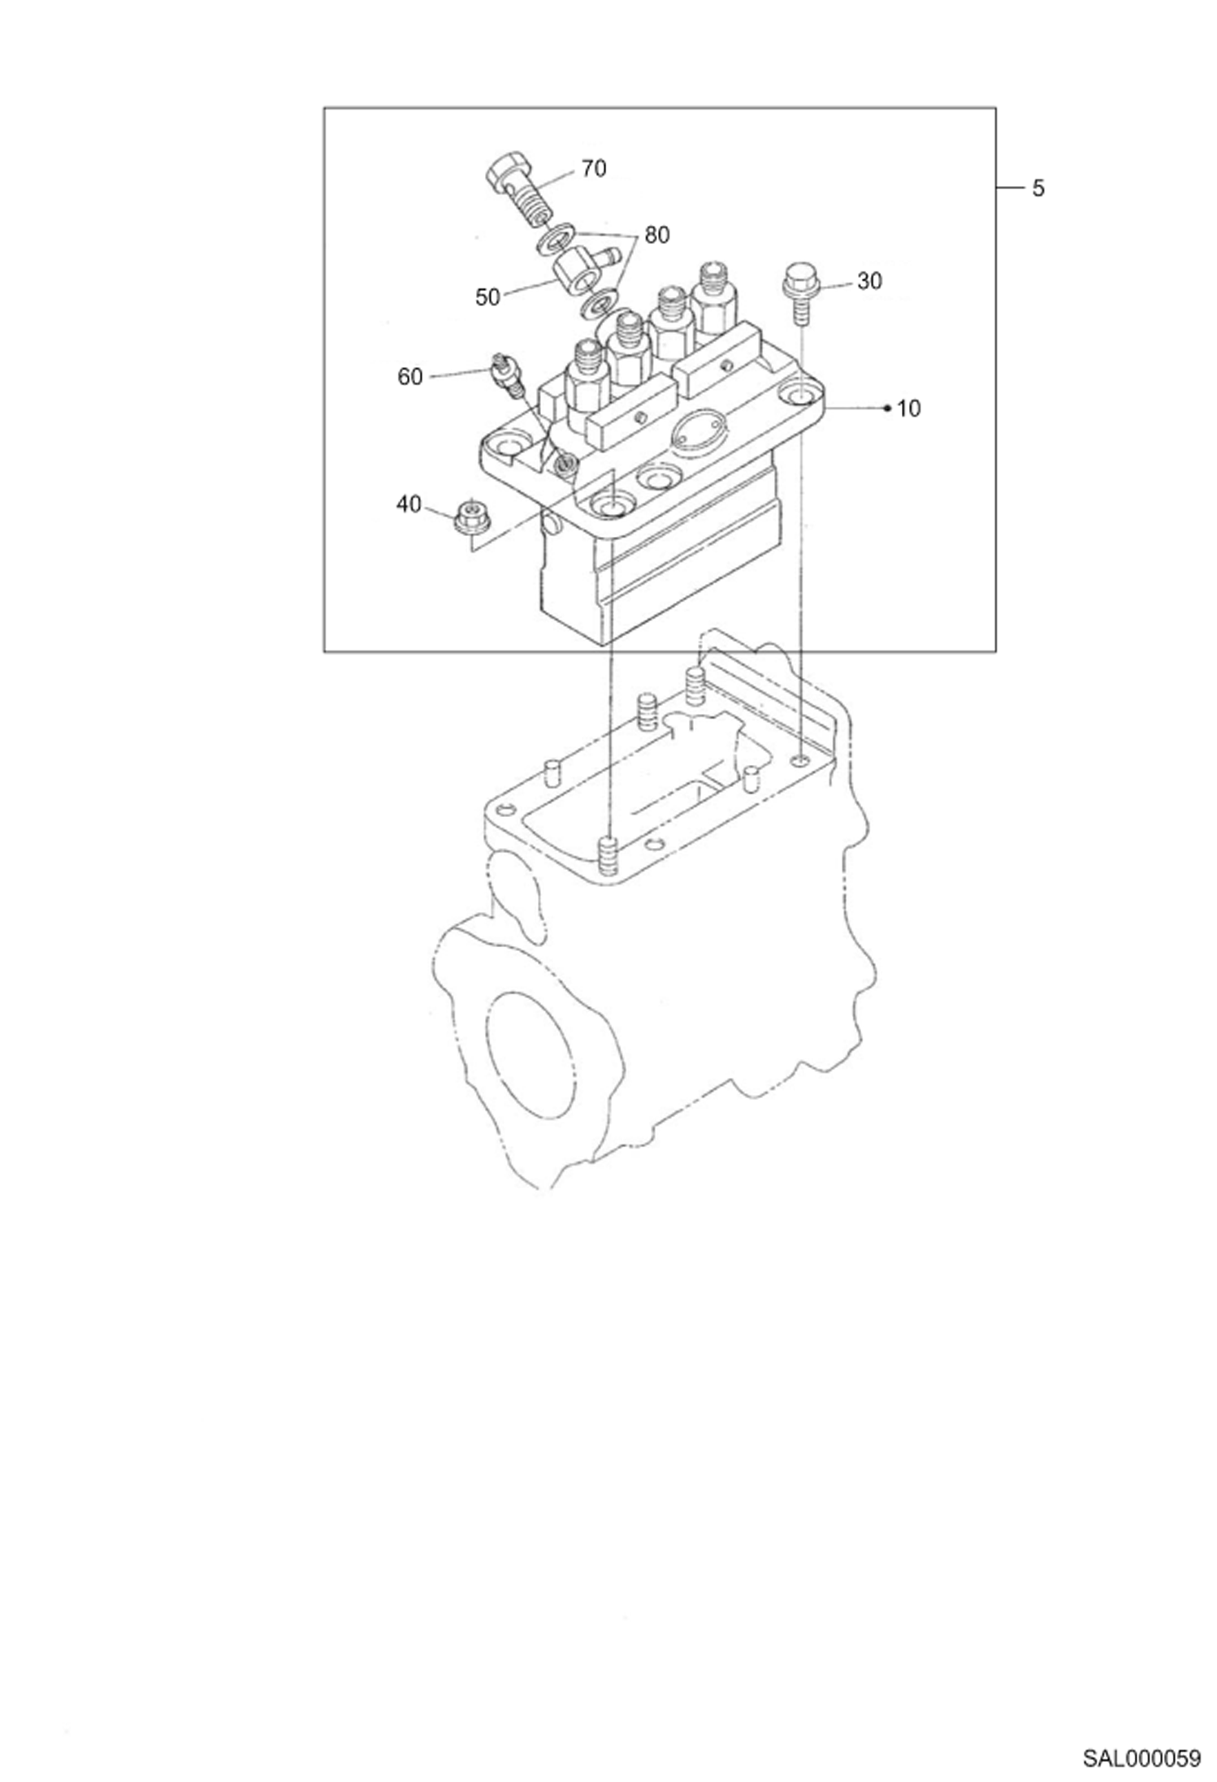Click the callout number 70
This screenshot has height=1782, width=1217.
(x=594, y=168)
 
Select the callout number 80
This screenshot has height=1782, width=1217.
(x=657, y=235)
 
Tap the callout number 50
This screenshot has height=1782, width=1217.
(x=487, y=297)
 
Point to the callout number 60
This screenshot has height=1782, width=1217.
(x=410, y=376)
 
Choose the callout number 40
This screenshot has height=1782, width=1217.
(x=409, y=504)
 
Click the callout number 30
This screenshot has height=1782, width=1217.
(x=869, y=280)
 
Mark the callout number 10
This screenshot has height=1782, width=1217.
(x=909, y=408)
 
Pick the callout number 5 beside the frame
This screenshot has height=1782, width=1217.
(x=1038, y=188)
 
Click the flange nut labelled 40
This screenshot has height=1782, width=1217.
(x=466, y=517)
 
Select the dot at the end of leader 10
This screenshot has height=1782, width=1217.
(x=888, y=407)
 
